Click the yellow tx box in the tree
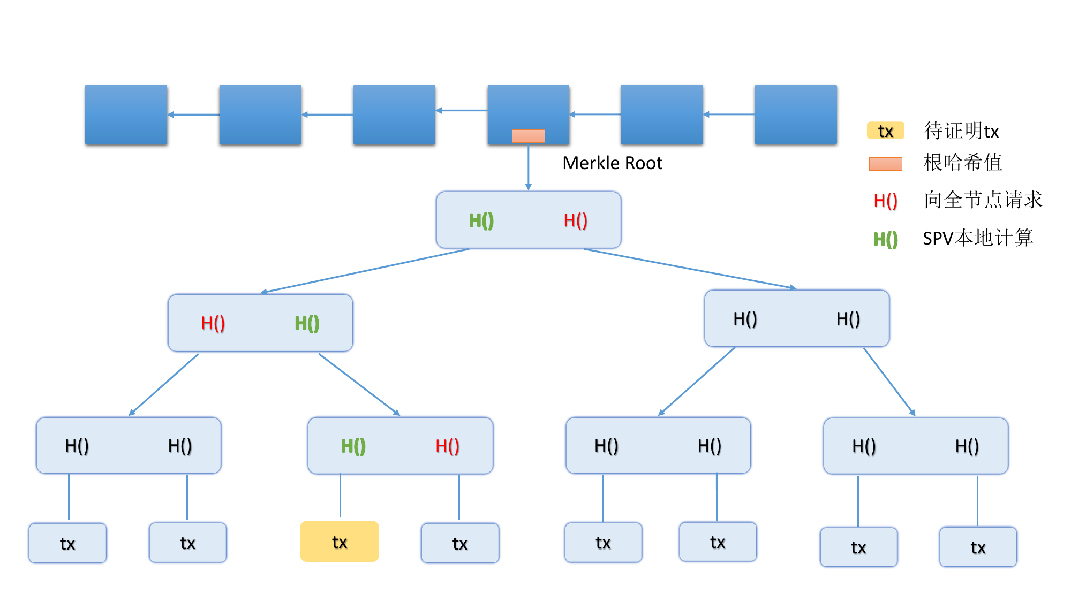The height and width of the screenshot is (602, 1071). pos(340,541)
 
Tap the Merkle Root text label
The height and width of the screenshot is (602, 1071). pos(612,163)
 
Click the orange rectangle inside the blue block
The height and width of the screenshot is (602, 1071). pos(528,136)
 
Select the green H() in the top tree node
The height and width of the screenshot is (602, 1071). pos(481,220)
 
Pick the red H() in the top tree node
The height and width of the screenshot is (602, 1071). pos(576,220)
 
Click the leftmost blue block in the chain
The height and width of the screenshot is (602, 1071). pos(126,115)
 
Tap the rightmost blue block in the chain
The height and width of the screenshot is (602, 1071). pos(796,115)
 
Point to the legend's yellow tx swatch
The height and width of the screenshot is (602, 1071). pos(886,131)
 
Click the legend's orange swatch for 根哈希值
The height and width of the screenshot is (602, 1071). pos(886,164)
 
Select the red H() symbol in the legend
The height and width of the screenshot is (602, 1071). pos(886,201)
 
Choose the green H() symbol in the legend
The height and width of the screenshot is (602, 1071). pos(886,239)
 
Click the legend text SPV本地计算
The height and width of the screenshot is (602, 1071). pos(978,238)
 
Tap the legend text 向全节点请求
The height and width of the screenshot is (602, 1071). pos(983,200)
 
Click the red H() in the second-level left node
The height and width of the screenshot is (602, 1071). pos(213,323)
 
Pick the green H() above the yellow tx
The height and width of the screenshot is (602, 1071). pos(353,446)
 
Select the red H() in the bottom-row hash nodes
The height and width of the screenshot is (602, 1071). pos(447,446)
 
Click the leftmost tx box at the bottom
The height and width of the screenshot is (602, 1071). pos(67,543)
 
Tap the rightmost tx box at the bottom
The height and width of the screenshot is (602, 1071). pos(978,547)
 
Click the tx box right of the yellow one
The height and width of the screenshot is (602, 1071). pos(460,543)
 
